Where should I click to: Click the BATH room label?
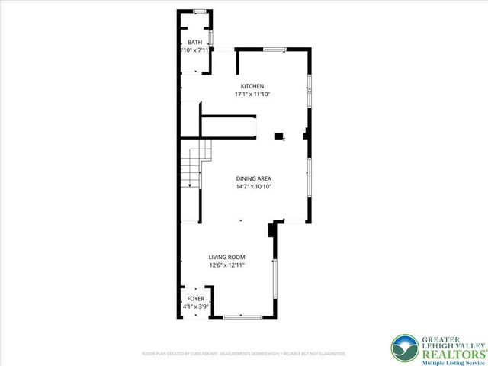(196, 42)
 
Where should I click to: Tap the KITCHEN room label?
(252, 86)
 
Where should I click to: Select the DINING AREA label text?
(254, 178)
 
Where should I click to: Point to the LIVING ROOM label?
(227, 258)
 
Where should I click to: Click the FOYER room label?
(196, 298)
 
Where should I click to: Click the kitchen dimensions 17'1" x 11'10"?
(252, 95)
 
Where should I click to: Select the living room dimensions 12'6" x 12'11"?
(227, 266)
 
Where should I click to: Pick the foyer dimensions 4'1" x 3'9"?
(196, 307)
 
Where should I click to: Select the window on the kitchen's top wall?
(274, 50)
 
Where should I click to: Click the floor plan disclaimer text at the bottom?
(244, 354)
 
